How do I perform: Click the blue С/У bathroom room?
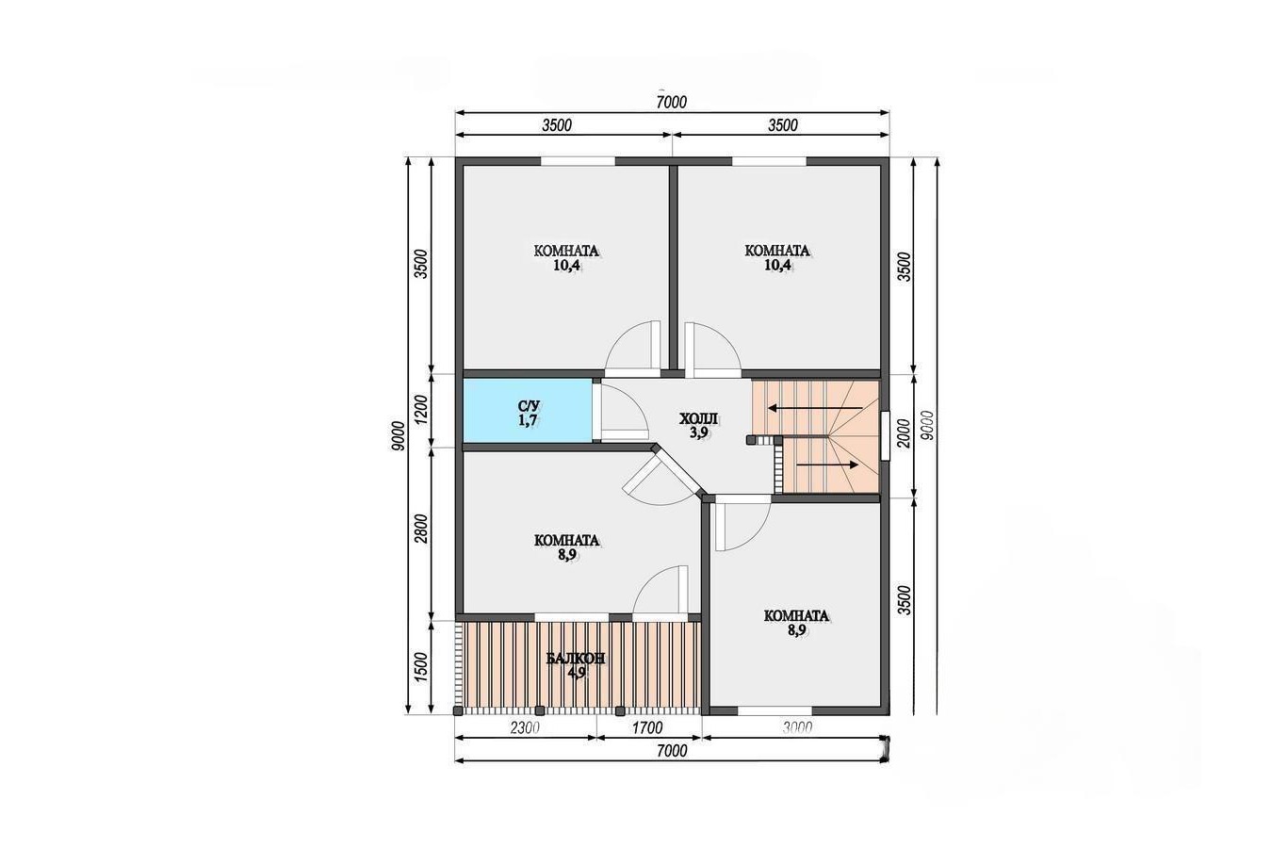[x=528, y=410]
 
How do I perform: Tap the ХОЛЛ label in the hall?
[x=698, y=419]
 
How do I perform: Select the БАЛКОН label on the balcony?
[x=576, y=659]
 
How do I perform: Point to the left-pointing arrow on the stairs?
[x=815, y=407]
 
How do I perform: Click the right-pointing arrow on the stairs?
[x=827, y=465]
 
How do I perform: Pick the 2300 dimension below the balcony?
[x=524, y=727]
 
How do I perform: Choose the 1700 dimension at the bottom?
[x=647, y=727]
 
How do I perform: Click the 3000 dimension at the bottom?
[x=797, y=727]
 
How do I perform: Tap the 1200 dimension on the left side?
[x=421, y=411]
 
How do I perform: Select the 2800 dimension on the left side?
[x=421, y=529]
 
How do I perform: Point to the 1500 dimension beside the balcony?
[x=421, y=667]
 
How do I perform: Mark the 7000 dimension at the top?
[x=672, y=103]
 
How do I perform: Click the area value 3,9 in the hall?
[x=698, y=432]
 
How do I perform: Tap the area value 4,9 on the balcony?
[x=576, y=673]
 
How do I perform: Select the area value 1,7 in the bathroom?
[x=528, y=420]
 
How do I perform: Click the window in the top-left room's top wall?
[x=578, y=161]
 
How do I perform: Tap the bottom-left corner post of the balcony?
[x=458, y=710]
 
